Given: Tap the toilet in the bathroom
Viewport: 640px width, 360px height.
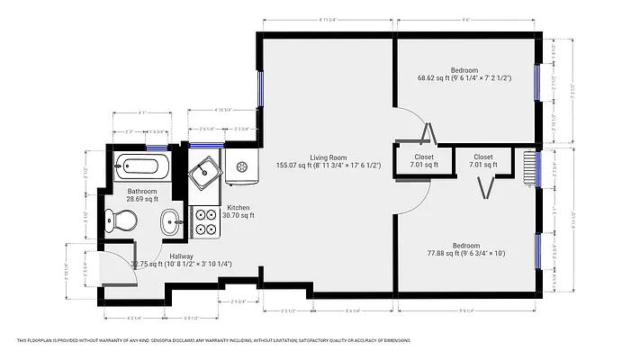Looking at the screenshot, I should (121, 220).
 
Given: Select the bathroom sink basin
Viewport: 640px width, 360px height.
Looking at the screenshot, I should (171, 221).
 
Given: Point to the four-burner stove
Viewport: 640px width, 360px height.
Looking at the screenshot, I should (206, 221).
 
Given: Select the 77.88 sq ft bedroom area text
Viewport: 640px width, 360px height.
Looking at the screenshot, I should (465, 255).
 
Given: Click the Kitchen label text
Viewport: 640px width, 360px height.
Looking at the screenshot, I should (239, 208).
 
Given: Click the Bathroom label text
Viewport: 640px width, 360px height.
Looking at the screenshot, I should (142, 191).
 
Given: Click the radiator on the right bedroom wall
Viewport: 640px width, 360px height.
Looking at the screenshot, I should (527, 168).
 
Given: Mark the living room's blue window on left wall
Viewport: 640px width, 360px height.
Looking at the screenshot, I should (260, 88).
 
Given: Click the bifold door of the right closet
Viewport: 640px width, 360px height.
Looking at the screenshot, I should (487, 188).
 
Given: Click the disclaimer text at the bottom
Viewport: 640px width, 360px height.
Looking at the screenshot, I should (213, 341).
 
